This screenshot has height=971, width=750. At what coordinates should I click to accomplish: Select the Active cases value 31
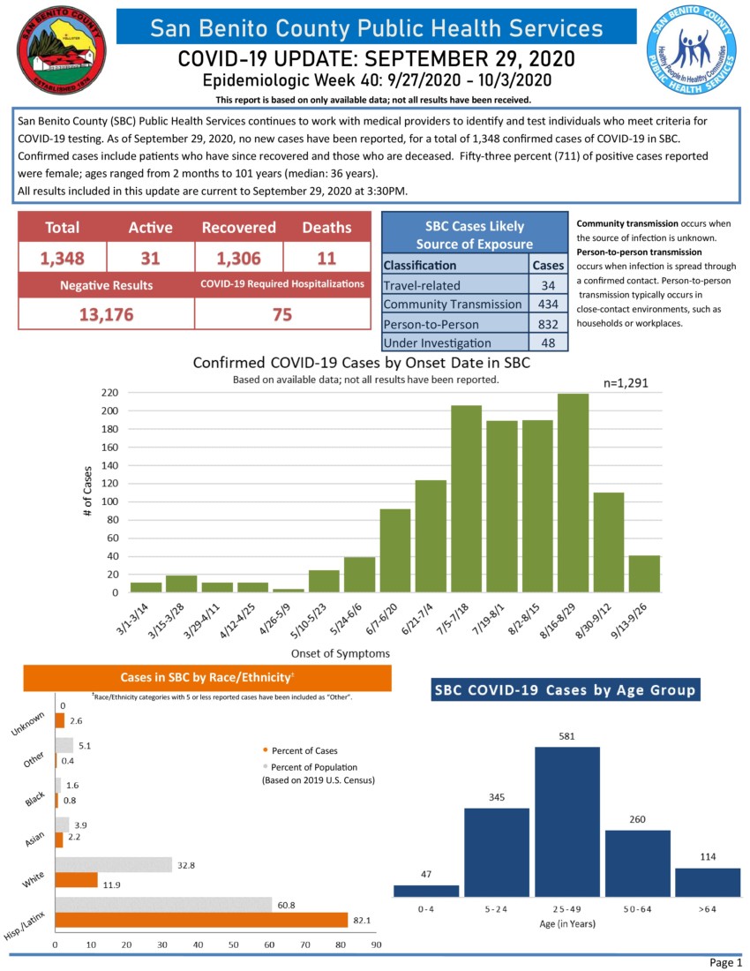point(150,258)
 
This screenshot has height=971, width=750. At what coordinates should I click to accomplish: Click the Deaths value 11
point(326,258)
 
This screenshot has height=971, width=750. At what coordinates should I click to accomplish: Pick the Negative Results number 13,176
point(106,314)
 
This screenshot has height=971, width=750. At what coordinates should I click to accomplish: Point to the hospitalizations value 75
point(282,314)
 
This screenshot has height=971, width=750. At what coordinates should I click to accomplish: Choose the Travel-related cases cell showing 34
point(548,285)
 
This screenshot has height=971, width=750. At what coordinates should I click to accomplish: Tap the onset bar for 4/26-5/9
point(289,591)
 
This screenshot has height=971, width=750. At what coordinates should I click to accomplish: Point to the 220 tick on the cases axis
point(110,393)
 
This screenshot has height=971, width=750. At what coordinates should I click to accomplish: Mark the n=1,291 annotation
point(632,384)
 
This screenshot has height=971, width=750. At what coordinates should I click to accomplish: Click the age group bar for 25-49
point(566,821)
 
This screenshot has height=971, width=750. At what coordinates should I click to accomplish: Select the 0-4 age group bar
point(426,891)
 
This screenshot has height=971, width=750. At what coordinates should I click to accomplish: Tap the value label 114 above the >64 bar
point(708,856)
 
